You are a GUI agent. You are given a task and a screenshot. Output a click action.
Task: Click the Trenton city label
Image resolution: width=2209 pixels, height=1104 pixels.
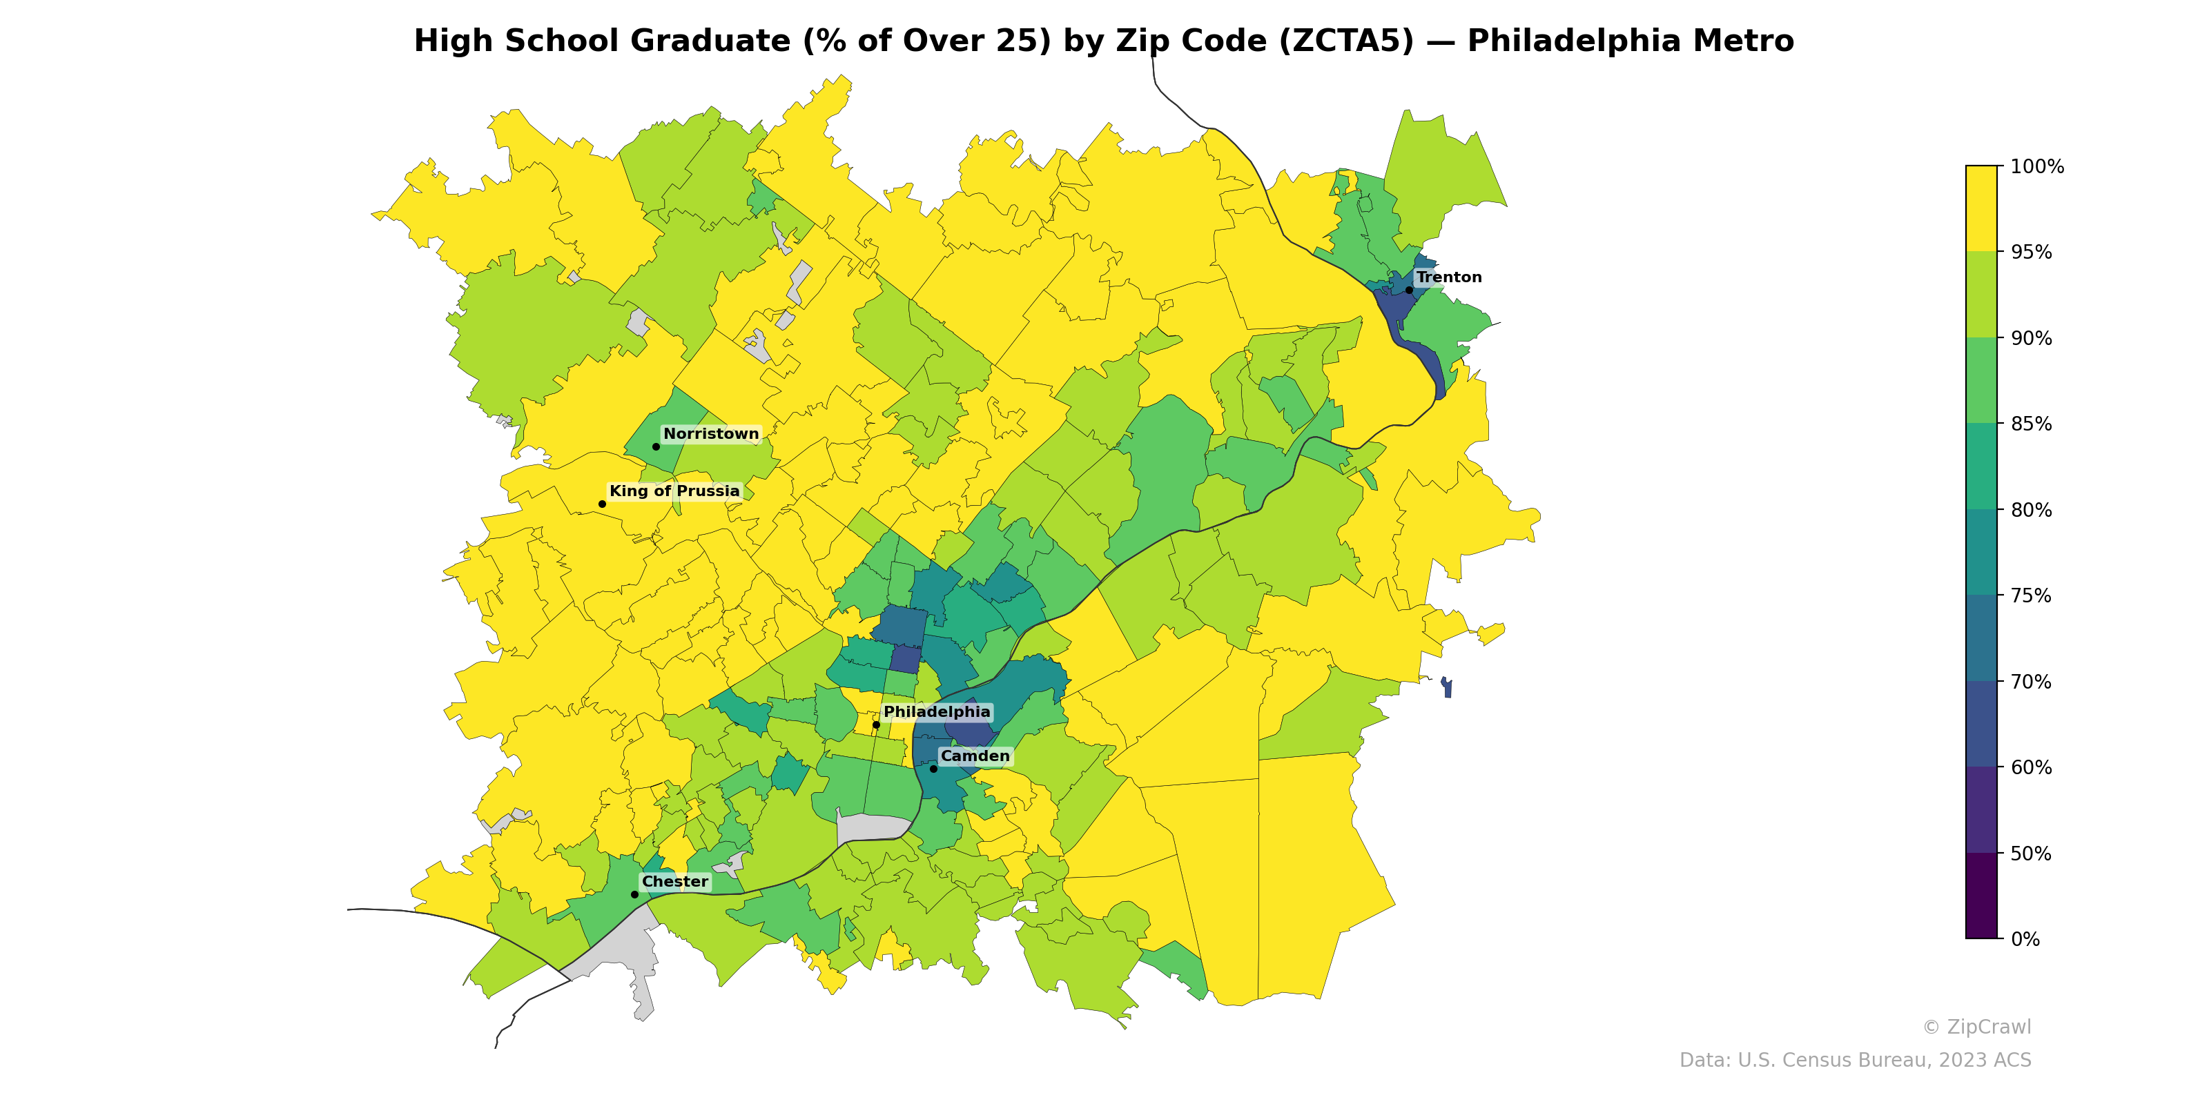point(1448,277)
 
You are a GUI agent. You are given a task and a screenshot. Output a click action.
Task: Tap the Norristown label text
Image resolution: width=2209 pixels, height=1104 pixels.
point(711,434)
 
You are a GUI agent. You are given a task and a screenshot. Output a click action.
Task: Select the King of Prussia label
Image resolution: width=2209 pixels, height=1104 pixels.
point(674,491)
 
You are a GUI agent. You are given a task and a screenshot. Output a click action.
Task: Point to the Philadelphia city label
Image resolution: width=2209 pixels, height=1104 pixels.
point(937,711)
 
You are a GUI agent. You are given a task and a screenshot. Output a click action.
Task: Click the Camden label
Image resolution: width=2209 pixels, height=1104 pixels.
point(975,756)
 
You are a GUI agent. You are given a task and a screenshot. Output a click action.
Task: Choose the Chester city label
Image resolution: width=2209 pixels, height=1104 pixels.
point(675,881)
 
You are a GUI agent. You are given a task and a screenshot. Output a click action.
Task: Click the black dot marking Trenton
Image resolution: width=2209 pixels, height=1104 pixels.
point(1409,290)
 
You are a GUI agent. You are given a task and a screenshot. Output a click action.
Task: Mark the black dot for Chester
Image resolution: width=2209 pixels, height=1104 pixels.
point(634,894)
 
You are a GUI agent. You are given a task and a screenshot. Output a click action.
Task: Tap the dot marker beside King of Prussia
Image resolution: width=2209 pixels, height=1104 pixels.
point(602,504)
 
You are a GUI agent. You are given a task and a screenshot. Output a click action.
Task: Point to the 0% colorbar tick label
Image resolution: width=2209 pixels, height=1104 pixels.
point(2025,939)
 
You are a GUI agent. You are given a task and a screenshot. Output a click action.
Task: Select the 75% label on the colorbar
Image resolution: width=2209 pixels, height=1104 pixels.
point(2031,595)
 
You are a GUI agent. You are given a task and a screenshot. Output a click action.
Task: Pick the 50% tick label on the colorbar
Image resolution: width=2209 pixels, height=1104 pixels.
point(2031,854)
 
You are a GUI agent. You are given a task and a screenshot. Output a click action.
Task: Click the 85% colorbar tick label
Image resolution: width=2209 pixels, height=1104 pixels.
point(2031,424)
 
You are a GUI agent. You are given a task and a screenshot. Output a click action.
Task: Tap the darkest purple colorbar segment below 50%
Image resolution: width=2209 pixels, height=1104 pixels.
point(1981,896)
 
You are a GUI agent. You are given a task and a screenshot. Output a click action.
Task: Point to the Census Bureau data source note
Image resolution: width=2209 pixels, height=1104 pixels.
point(1855,1061)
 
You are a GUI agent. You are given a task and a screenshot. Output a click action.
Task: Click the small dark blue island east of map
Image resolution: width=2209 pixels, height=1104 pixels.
point(1447,687)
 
